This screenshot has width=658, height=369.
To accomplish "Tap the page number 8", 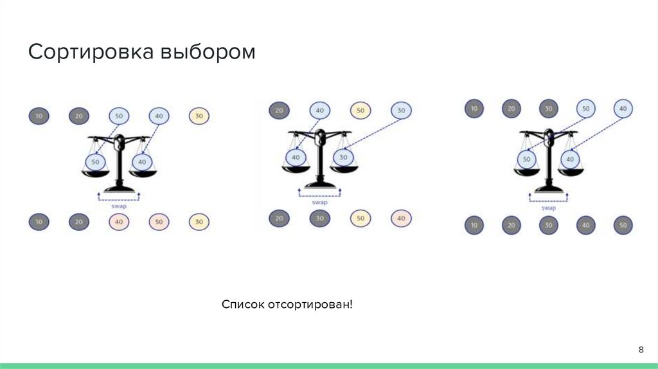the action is tap(641, 349).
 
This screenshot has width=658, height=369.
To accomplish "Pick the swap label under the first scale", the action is tap(118, 206).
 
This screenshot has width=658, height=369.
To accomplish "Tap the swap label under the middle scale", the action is tap(319, 202).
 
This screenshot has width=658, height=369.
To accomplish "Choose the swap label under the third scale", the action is tap(548, 208).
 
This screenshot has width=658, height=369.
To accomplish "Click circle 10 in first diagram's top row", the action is tap(39, 116).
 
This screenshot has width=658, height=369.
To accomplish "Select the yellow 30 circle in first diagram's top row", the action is tap(199, 116).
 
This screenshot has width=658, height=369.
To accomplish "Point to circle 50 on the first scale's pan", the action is tap(96, 161).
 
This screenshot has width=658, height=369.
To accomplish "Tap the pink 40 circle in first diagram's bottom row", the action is tap(119, 222).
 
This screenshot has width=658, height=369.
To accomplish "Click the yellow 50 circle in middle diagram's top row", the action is tap(360, 111).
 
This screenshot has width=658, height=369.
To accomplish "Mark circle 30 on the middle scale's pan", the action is tap(344, 157).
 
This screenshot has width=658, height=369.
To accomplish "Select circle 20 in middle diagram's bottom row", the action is tap(280, 219).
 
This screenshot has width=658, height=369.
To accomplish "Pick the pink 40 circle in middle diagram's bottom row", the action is tap(401, 219).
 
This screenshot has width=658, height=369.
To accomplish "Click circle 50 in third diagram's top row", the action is tap(586, 109).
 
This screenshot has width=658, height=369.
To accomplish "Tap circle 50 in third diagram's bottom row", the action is tap(623, 226).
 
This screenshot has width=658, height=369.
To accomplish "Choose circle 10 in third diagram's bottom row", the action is tap(474, 226).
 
